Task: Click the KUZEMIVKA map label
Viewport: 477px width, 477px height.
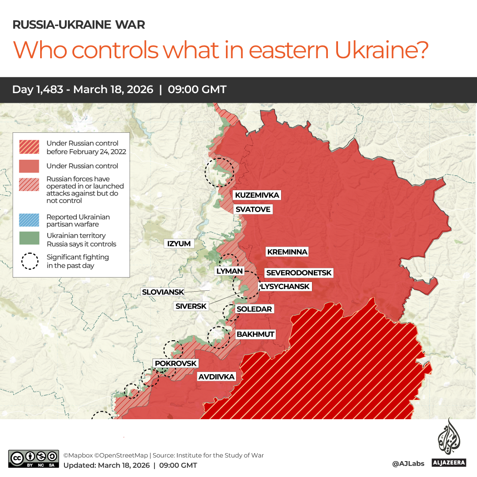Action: [x=257, y=195]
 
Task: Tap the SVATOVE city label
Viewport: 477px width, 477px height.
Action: [x=252, y=209]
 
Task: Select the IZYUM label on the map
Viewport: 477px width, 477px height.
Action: [x=179, y=244]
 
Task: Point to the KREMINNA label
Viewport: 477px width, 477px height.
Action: [x=287, y=252]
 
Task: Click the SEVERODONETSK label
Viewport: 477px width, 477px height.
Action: [x=298, y=273]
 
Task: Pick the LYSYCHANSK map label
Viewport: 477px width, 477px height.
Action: [x=285, y=286]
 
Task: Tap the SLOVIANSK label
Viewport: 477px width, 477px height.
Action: [x=162, y=292]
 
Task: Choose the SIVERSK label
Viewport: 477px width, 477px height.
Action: [x=191, y=306]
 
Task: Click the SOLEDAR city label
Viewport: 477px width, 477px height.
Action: [x=254, y=309]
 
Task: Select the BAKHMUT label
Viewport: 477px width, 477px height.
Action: [x=255, y=334]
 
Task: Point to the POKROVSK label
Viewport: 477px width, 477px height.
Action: [x=176, y=363]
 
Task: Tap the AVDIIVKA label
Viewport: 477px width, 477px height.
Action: [x=216, y=377]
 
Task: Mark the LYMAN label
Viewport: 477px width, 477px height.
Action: [x=229, y=271]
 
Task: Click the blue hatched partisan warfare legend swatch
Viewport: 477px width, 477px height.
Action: [x=29, y=220]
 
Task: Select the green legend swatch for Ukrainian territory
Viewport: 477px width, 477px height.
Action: [x=29, y=239]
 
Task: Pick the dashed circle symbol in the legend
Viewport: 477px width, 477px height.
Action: [x=30, y=261]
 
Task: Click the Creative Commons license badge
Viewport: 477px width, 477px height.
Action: [x=34, y=458]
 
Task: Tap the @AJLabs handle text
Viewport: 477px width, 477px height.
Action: [x=408, y=463]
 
